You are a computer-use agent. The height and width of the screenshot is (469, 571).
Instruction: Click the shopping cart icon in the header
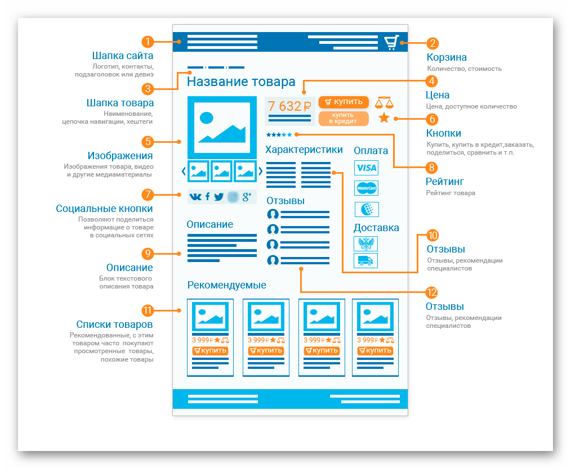(392, 42)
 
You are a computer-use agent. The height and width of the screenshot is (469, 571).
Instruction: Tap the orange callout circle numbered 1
(148, 42)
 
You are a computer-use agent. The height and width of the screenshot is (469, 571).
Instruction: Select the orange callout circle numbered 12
(431, 292)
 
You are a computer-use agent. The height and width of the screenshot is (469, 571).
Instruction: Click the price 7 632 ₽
(289, 106)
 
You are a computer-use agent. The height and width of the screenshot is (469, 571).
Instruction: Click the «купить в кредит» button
(344, 118)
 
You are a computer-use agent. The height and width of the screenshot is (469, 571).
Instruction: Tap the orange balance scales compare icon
(384, 103)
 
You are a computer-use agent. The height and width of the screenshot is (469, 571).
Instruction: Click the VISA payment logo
(367, 168)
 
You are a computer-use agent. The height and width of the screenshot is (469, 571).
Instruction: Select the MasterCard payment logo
(367, 188)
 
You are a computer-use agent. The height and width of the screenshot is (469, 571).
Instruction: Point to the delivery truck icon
(365, 261)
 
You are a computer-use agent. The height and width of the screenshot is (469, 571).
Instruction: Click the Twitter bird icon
(218, 197)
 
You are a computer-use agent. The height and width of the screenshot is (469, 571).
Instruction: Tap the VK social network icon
(195, 197)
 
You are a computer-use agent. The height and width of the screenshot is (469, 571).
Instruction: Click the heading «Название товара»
(241, 82)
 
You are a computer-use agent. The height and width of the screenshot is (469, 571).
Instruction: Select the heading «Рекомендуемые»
(226, 285)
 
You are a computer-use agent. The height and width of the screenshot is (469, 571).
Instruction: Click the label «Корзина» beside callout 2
(447, 57)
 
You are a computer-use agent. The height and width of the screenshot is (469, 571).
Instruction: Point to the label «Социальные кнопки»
(104, 209)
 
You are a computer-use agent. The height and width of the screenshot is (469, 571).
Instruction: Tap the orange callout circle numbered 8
(431, 168)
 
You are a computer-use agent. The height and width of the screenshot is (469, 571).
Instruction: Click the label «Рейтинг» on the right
(445, 182)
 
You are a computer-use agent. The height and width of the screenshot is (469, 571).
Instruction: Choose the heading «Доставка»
(376, 228)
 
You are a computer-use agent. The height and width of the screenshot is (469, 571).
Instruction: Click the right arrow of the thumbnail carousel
(260, 171)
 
